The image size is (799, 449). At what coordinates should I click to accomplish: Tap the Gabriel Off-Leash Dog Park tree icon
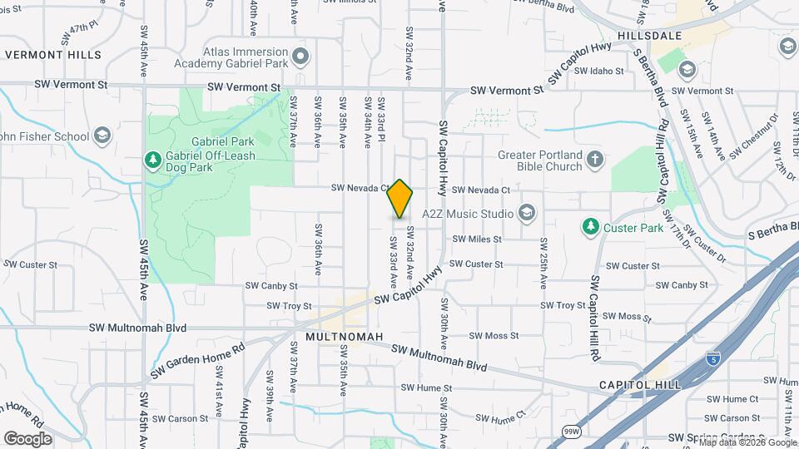coord(152,158)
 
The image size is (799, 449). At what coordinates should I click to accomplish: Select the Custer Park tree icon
coord(590,226)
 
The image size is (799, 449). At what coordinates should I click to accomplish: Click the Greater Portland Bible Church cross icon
coord(594,160)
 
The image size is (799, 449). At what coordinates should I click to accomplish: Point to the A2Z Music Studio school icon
coord(526,214)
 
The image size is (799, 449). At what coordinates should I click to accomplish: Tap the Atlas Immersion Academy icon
coord(301,57)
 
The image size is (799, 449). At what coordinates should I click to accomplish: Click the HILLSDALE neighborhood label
coord(650,36)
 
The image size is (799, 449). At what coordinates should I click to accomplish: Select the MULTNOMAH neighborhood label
coord(344,337)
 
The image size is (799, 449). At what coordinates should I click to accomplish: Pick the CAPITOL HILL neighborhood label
coord(640,385)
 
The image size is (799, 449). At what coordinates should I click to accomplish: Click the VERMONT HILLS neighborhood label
coord(52,55)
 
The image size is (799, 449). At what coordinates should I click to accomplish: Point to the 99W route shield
coord(571,432)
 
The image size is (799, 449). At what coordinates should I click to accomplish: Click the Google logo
coord(27,438)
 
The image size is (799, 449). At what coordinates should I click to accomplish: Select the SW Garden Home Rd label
coord(197,359)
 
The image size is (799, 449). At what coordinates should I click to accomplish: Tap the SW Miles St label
coord(477,239)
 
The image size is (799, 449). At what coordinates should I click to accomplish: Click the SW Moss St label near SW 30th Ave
coord(494,336)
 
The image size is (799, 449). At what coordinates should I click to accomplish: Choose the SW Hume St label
coord(426,387)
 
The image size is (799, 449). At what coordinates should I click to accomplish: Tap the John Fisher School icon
coord(102,136)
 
